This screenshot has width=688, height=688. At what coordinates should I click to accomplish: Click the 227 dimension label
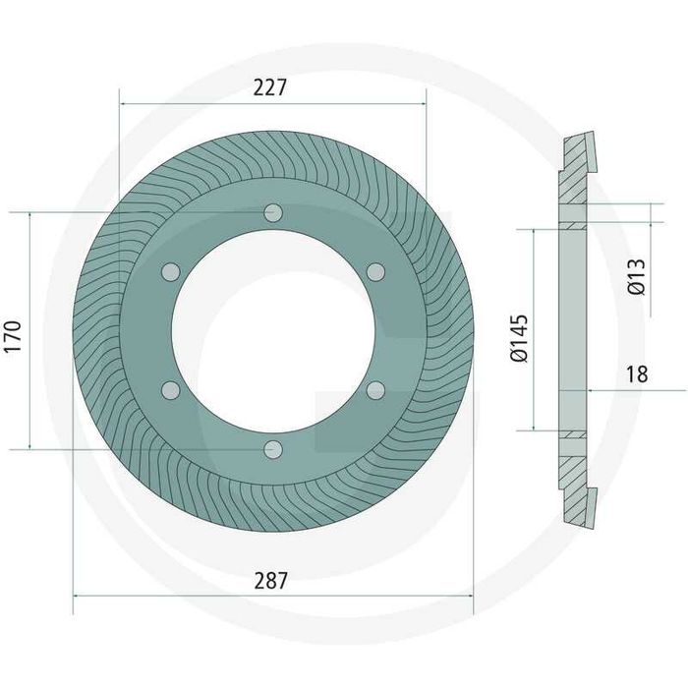(x=270, y=87)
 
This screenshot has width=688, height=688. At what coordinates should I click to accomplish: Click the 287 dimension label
(x=270, y=581)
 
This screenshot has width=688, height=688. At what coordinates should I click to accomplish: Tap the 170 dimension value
(x=13, y=336)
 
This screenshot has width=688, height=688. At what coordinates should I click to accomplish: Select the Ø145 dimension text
(x=519, y=338)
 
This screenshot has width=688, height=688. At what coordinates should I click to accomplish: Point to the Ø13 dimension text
(x=637, y=277)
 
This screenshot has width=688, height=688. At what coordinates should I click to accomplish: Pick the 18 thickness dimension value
(x=637, y=374)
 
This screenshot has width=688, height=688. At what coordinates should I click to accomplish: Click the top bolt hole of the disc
(x=273, y=213)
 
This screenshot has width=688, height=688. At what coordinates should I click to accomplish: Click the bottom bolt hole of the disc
(x=273, y=450)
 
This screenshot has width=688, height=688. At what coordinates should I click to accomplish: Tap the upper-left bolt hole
(x=171, y=272)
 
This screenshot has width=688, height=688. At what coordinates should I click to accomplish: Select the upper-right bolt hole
(x=375, y=272)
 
